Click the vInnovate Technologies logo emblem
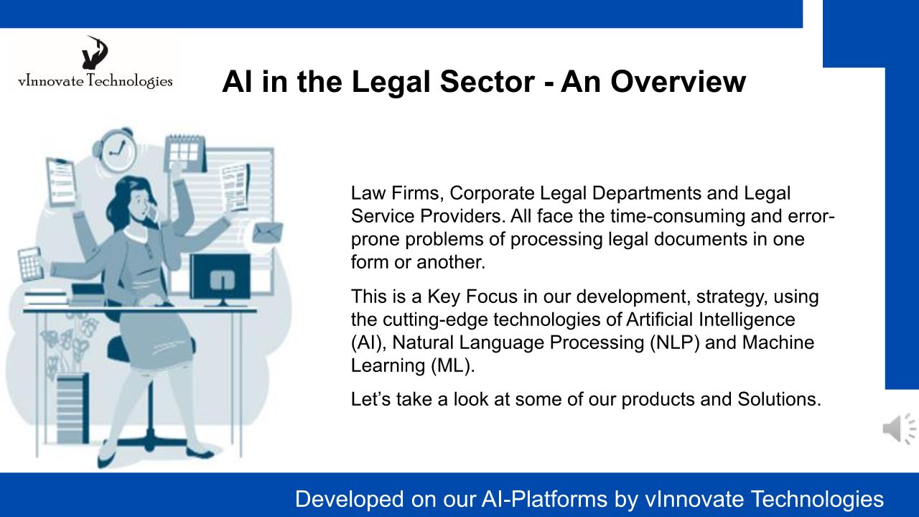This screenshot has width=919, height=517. coord(95,52)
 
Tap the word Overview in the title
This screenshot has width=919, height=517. coord(678,81)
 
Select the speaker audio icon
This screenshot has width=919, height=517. coord(899,429)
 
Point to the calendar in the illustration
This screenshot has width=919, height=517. coord(185,154)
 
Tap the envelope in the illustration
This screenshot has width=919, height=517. coord(268,232)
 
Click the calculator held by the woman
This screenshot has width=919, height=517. coord(30,265)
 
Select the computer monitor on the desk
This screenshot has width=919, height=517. coord(220,280)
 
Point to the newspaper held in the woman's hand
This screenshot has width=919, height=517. coord(235,187)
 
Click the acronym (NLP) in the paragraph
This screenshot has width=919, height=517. coord(674,343)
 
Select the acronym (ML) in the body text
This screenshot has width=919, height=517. coord(452,365)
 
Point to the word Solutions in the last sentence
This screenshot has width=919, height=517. coord(779,399)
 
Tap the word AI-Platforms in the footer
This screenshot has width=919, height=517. coord(544,499)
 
